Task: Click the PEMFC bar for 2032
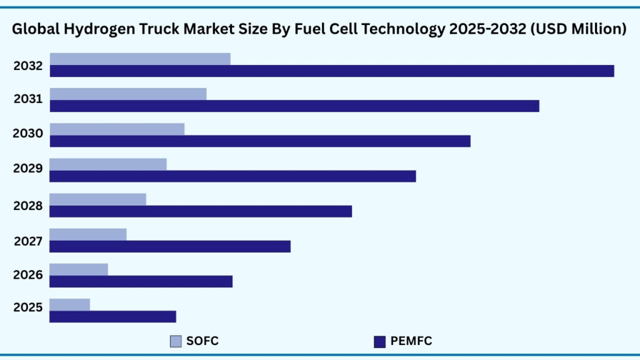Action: click(332, 71)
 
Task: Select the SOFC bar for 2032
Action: click(140, 59)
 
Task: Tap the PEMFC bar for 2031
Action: click(294, 106)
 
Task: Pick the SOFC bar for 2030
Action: click(117, 129)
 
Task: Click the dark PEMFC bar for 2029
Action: click(232, 176)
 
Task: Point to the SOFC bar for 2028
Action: click(97, 199)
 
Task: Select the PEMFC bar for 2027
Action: click(170, 246)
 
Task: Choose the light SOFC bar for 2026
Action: click(79, 269)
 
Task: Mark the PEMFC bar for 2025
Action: click(112, 317)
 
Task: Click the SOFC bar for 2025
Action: click(69, 304)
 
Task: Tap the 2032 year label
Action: click(28, 66)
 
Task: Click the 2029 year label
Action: click(28, 168)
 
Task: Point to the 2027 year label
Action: click(28, 241)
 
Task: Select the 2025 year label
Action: click(28, 307)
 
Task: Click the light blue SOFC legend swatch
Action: click(176, 341)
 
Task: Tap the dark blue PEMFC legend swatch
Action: click(379, 341)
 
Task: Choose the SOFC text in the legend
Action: click(202, 341)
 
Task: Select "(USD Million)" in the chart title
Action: click(578, 29)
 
